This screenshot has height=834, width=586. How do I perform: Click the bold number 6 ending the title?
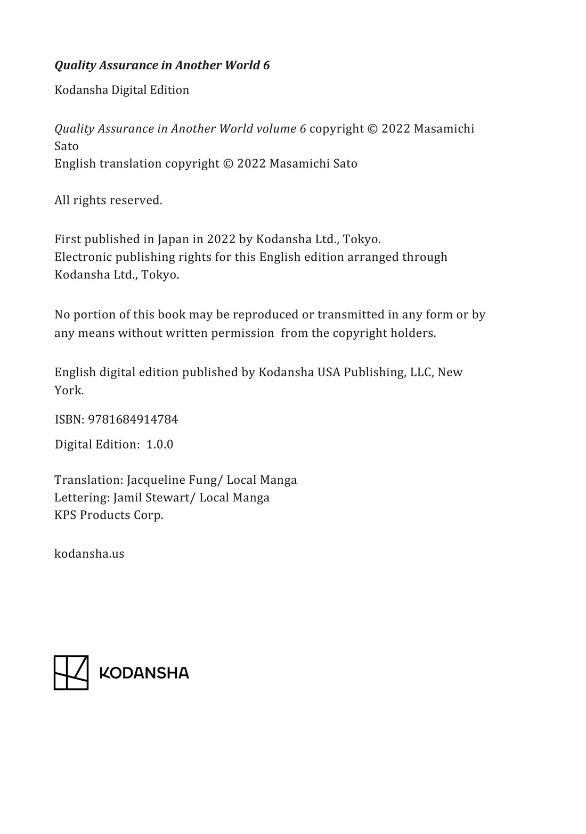[266, 65]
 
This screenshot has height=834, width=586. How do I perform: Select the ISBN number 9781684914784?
[133, 419]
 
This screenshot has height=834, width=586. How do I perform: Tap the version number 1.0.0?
[160, 444]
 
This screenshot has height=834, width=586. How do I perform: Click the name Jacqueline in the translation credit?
[156, 480]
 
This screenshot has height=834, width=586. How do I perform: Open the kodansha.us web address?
[89, 554]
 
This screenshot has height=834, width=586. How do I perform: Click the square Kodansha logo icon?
[71, 673]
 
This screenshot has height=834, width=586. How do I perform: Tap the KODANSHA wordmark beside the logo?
[144, 673]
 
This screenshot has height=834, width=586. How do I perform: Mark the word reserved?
[136, 201]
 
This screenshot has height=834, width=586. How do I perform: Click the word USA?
[329, 372]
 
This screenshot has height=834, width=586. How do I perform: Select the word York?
[69, 390]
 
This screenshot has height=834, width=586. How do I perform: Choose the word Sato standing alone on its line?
[67, 146]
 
